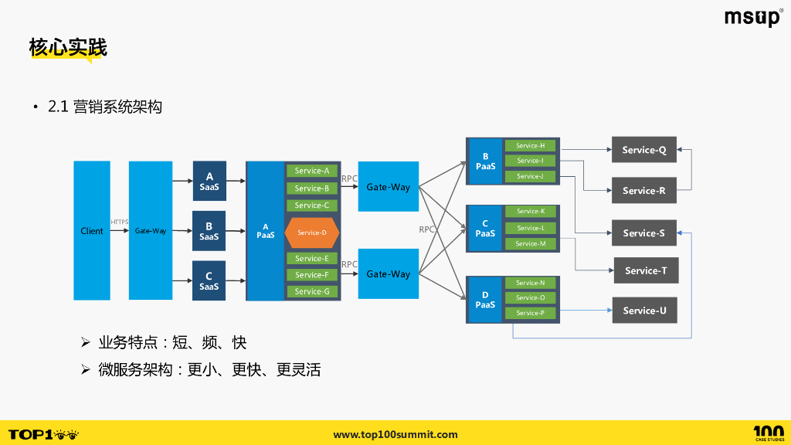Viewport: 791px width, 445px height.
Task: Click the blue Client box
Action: tap(92, 230)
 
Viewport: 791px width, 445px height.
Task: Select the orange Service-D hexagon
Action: tap(312, 233)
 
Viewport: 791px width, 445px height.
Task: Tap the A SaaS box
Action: tap(209, 182)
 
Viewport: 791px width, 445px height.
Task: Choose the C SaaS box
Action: tap(209, 280)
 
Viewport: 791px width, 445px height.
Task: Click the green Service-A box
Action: tap(312, 171)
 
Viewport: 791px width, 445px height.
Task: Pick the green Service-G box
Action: tap(312, 291)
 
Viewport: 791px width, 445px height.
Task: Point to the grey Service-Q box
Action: tap(644, 150)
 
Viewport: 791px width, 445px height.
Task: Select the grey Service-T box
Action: tap(646, 270)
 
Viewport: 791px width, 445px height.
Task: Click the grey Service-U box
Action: tap(644, 311)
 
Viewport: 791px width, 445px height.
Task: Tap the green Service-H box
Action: tap(530, 145)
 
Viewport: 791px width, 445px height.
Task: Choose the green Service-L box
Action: tap(530, 228)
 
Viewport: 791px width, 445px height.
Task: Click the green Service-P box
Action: tap(530, 313)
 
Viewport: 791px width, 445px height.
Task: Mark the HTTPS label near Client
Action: tap(120, 222)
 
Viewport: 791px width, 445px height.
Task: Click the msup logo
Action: tap(753, 18)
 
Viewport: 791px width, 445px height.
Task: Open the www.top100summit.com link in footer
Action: tap(395, 434)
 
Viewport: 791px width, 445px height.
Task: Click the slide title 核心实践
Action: tap(68, 47)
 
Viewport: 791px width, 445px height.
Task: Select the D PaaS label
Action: tap(485, 300)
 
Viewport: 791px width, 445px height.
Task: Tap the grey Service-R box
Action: tap(644, 190)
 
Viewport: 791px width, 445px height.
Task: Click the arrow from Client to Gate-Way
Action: tap(119, 230)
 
